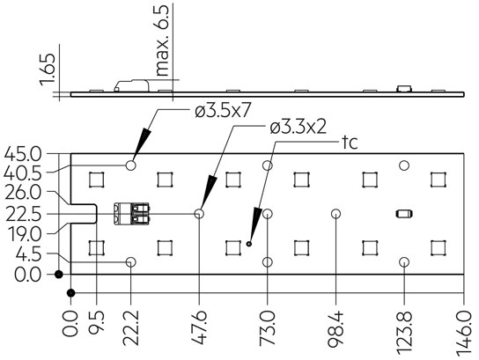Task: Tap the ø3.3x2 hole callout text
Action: [x=299, y=128]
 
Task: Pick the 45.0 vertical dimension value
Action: [x=22, y=153]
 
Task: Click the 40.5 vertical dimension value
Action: [x=22, y=172]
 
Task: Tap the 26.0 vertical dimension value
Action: [x=22, y=192]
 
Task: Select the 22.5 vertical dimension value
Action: [x=22, y=213]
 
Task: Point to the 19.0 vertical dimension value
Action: [x=22, y=233]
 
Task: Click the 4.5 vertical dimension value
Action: [x=26, y=254]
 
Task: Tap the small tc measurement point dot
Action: [x=249, y=244]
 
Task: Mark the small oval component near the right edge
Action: [x=404, y=214]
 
